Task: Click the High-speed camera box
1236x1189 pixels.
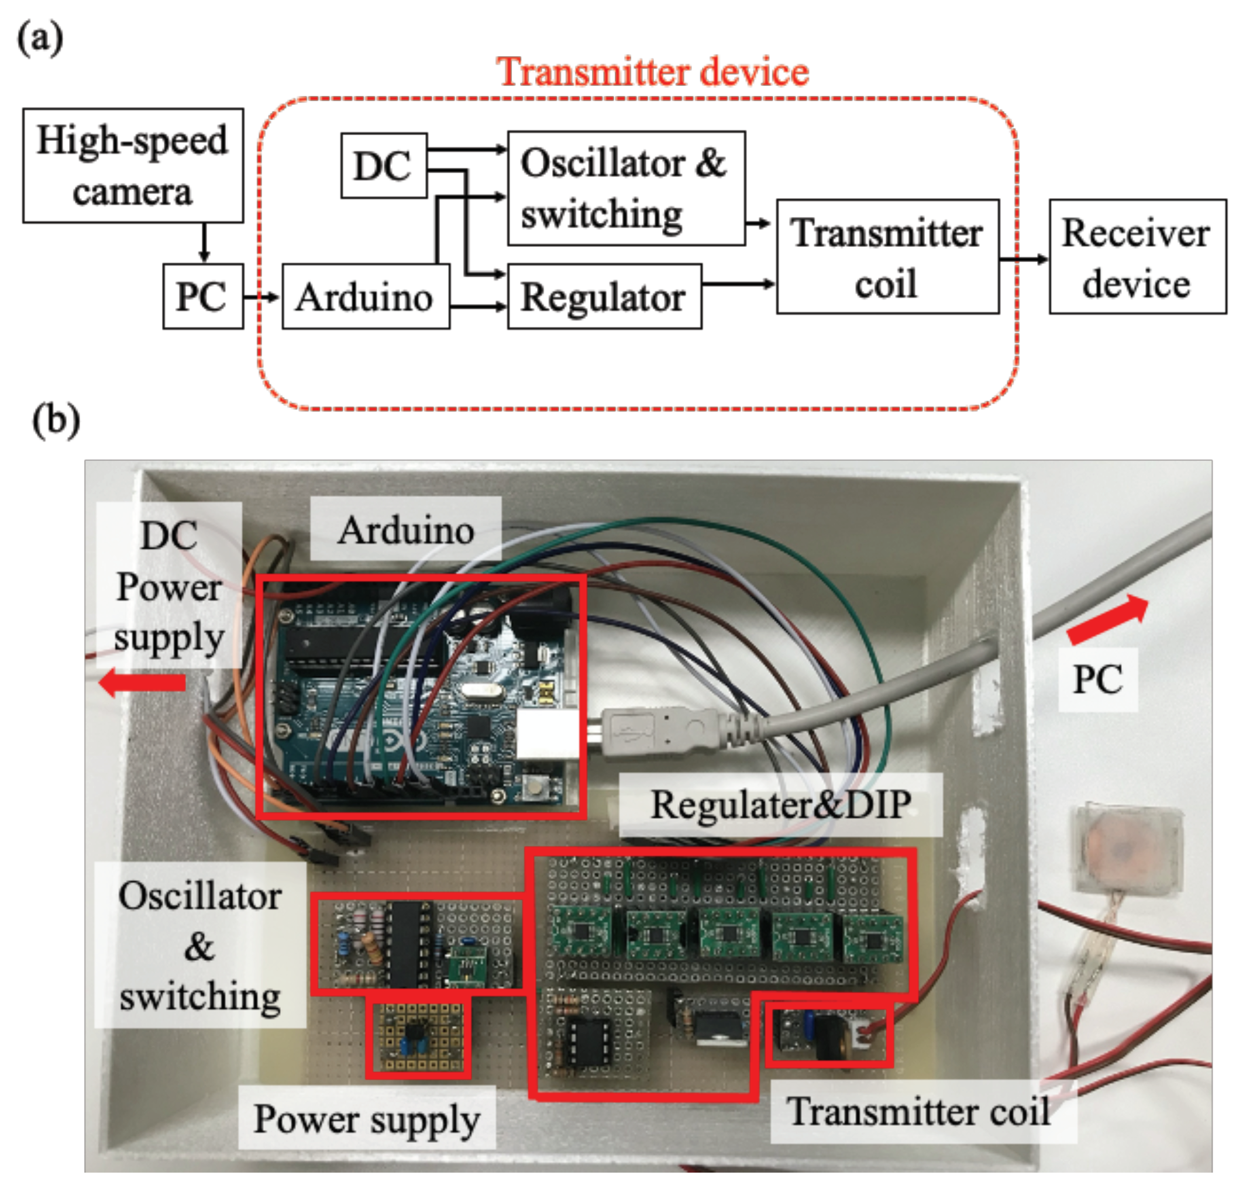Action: coord(132,165)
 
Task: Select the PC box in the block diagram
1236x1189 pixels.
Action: coord(202,297)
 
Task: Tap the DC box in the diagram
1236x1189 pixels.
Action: coord(383,166)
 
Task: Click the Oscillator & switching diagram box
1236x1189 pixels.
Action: coord(625,188)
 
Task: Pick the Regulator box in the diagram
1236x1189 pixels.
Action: coord(604,297)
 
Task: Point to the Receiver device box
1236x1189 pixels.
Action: coord(1137,257)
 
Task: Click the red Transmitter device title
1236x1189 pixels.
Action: coord(652,71)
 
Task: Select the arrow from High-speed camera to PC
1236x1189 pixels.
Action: coord(203,242)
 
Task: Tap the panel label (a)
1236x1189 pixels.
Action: coord(40,39)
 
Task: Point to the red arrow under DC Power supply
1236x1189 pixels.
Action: coord(143,683)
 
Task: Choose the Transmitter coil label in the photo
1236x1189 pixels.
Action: coord(920,1111)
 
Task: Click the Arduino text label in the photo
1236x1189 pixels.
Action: coord(405,530)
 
